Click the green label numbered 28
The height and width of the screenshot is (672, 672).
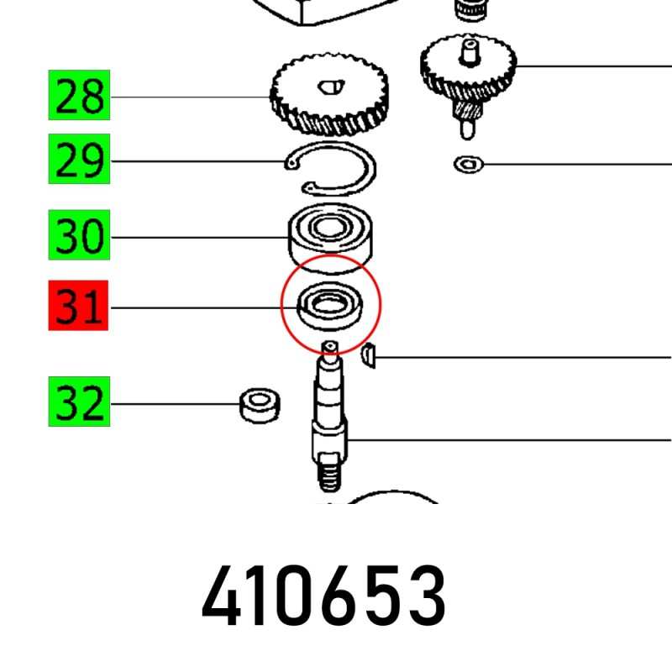point(79,95)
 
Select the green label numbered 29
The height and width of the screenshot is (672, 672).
point(79,159)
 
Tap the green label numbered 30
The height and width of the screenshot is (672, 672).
point(79,235)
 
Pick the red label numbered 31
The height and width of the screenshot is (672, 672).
point(78,306)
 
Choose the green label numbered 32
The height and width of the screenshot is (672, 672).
point(79,402)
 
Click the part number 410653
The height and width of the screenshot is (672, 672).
point(324,596)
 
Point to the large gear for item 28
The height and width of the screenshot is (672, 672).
point(329,95)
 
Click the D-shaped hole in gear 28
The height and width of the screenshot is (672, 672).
point(331,87)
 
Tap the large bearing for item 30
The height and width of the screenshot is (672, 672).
point(330,239)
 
